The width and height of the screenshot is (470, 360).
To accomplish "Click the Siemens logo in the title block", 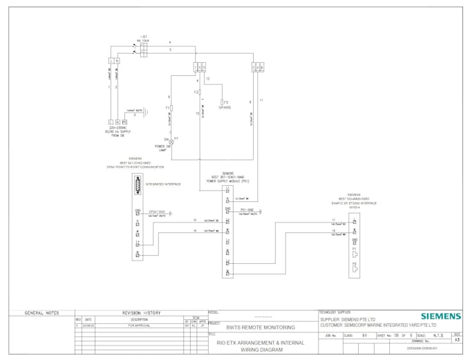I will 440,316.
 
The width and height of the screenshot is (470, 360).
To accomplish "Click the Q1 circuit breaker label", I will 143,37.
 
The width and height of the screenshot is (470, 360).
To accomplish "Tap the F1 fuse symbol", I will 171,108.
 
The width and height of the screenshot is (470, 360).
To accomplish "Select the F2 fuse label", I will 196,92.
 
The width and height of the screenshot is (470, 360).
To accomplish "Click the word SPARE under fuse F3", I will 225,108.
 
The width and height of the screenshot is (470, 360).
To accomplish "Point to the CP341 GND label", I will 157,211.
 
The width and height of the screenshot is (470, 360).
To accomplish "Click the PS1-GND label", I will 247,209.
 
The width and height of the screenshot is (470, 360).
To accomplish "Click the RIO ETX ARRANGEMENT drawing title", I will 261,343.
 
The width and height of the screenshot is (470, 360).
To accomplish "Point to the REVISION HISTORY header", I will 141,313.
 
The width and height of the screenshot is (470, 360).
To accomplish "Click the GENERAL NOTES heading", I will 41,313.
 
